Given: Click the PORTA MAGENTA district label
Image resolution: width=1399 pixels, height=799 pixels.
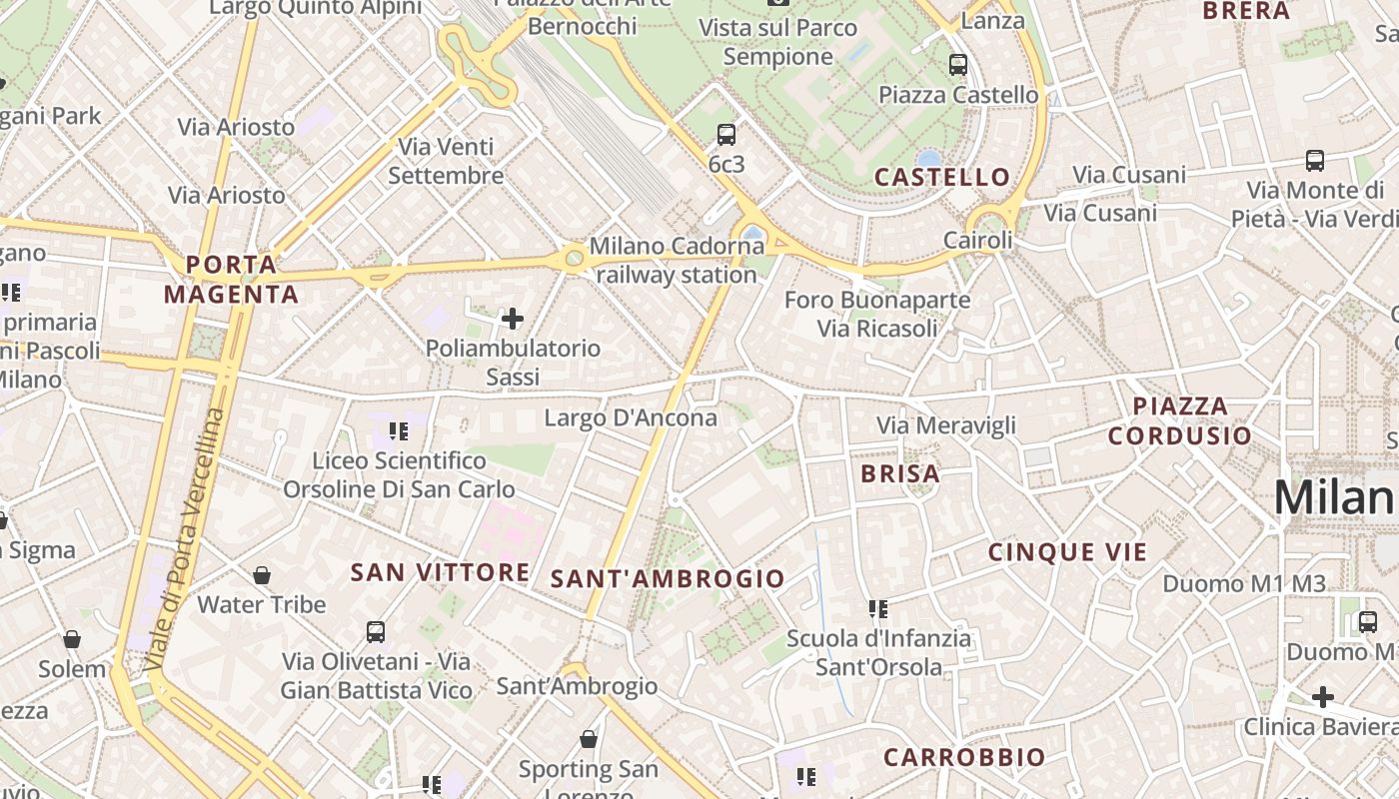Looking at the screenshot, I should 231,280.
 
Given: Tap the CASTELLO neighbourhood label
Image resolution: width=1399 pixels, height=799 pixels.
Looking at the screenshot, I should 942,178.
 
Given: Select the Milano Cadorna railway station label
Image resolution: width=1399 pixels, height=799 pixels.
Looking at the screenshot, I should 677,260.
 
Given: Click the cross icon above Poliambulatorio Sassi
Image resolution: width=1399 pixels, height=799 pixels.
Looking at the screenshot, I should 513,320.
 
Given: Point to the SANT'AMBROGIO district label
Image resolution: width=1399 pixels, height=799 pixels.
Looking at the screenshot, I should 668,579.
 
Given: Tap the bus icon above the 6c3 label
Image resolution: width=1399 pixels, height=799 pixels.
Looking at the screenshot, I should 726,135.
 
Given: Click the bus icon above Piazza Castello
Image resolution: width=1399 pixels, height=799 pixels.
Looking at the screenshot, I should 957,65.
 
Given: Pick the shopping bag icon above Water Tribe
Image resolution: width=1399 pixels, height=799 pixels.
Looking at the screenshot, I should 261,575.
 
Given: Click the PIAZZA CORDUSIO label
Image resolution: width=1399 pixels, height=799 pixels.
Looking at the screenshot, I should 1179,420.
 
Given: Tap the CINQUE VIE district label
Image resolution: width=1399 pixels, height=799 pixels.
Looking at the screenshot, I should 1067,552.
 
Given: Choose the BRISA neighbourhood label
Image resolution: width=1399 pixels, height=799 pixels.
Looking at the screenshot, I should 900,474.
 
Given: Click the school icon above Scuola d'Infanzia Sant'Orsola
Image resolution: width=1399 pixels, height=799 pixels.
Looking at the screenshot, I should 878,608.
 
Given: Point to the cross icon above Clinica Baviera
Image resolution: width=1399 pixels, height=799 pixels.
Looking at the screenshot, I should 1323,696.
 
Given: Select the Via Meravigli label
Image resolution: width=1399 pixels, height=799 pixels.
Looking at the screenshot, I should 945,425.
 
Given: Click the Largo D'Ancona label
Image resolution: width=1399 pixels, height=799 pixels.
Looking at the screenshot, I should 630,417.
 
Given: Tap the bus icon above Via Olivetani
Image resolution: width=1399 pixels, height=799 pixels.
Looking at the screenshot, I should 376,632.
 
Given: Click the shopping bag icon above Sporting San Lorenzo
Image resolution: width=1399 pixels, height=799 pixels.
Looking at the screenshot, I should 589,739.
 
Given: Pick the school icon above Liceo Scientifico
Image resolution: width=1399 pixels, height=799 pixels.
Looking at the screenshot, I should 399,431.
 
